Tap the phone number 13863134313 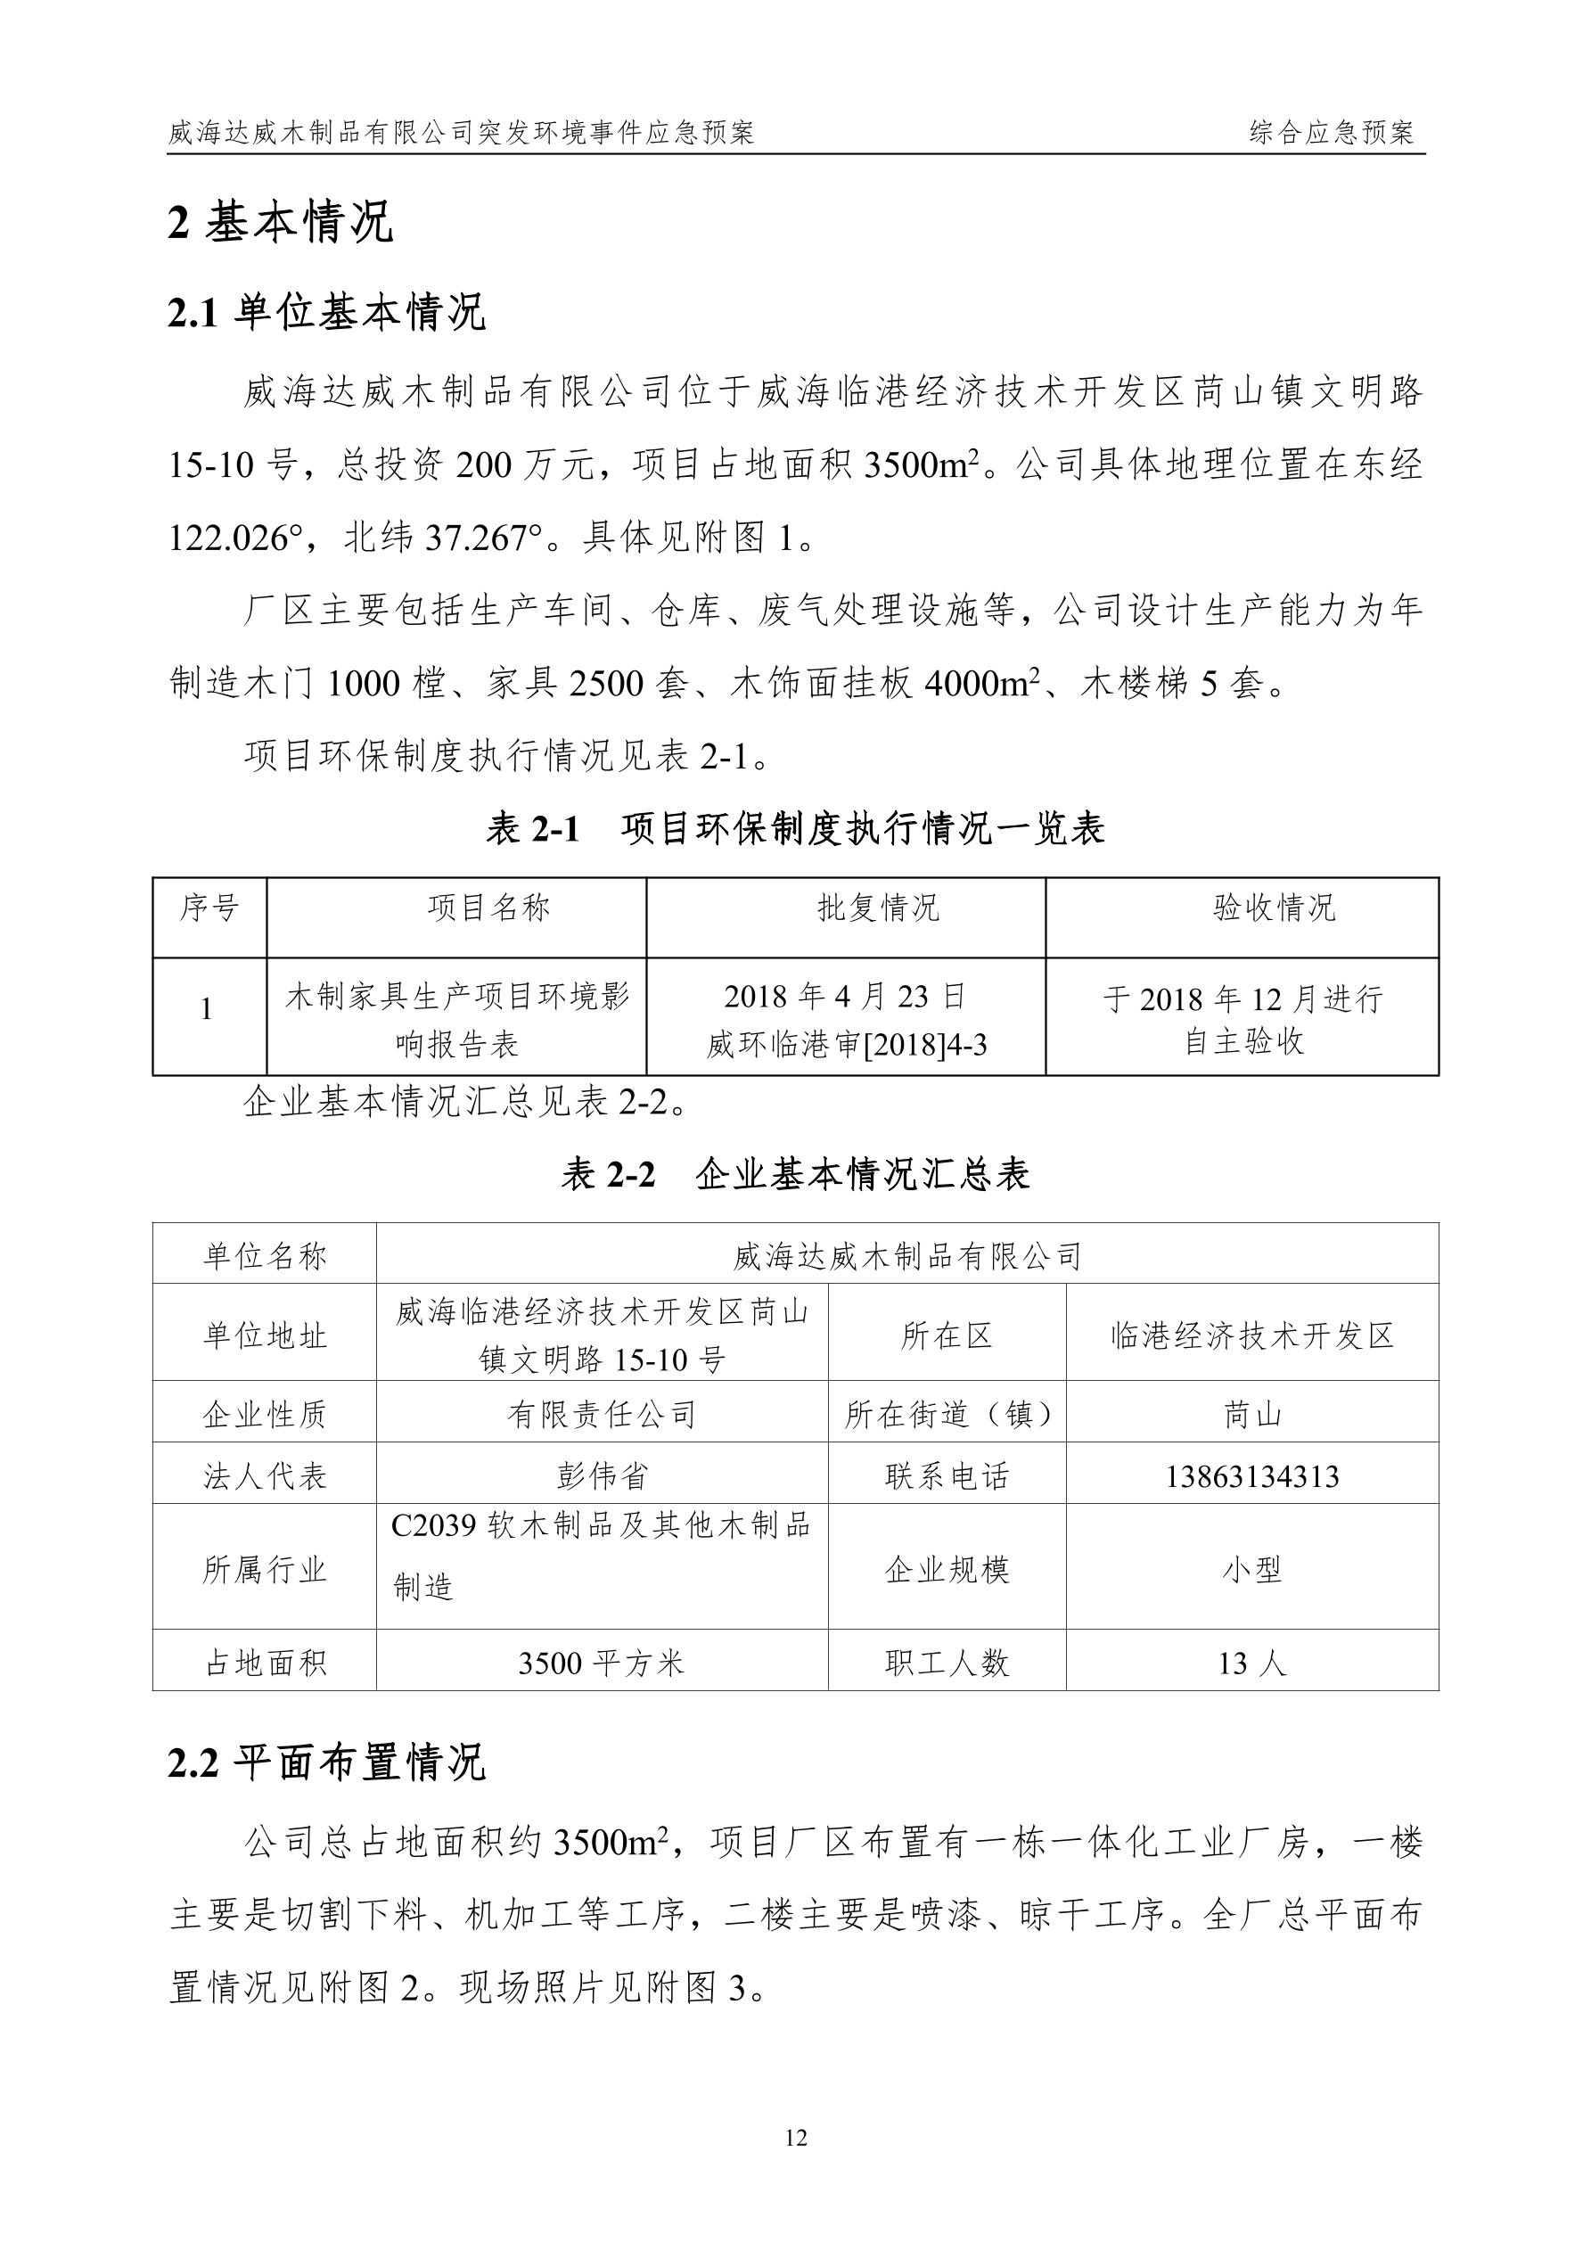1251,1476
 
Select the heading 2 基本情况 282,222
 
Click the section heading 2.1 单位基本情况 327,314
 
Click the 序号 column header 209,908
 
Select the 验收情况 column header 1275,908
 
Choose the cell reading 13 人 1251,1663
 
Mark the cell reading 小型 1251,1571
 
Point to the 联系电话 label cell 946,1476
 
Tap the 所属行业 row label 264,1571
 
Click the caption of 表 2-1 795,829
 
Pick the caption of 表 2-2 795,1173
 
